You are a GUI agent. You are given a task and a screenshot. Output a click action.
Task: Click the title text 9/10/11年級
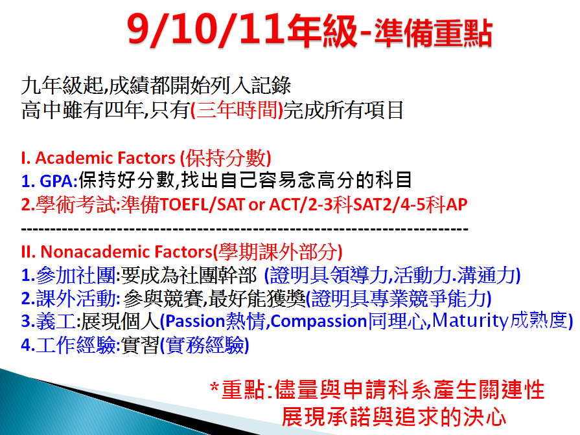[x=242, y=30]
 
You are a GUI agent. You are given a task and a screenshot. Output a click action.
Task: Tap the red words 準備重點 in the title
[x=433, y=33]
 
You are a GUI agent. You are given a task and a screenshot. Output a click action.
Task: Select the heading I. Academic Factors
[x=98, y=158]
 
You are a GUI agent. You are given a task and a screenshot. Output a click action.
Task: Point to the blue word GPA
[x=56, y=181]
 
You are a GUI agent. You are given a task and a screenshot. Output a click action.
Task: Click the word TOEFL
[x=184, y=205]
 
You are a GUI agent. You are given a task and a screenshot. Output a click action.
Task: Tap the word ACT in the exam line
[x=286, y=205]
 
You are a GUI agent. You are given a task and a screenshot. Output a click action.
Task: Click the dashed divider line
[x=245, y=230]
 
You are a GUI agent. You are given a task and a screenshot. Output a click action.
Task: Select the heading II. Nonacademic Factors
[x=116, y=252]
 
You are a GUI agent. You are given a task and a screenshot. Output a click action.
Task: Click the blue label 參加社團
[x=76, y=275]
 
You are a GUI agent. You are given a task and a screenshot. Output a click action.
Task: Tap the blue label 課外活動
[x=76, y=298]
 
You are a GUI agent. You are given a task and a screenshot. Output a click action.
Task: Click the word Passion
[x=195, y=322]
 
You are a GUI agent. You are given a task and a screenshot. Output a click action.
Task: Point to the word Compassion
[x=318, y=322]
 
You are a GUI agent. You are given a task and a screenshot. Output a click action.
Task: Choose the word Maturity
[x=470, y=321]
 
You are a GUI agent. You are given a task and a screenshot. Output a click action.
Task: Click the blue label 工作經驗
[x=76, y=345]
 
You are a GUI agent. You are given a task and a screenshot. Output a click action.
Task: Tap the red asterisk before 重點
[x=214, y=387]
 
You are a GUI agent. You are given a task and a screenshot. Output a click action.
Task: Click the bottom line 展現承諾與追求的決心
[x=393, y=418]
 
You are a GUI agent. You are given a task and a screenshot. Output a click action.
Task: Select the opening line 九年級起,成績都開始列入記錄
[x=156, y=85]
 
